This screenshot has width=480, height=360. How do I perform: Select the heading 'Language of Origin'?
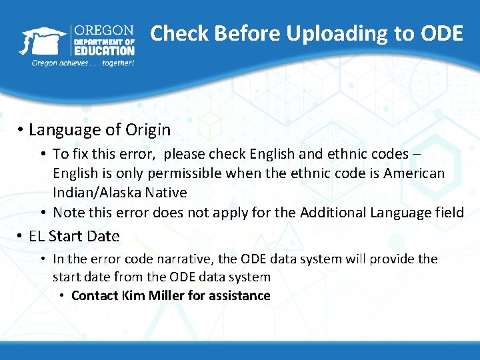100,129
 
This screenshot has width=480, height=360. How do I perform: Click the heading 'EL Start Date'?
75,236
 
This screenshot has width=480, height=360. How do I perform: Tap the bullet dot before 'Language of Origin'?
21,130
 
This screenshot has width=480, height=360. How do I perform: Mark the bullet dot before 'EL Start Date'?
21,237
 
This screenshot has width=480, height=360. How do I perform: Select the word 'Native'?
160,193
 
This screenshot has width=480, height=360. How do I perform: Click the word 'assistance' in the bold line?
238,295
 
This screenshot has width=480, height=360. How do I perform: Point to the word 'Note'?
67,213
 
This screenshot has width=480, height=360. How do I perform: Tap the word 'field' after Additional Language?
449,213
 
